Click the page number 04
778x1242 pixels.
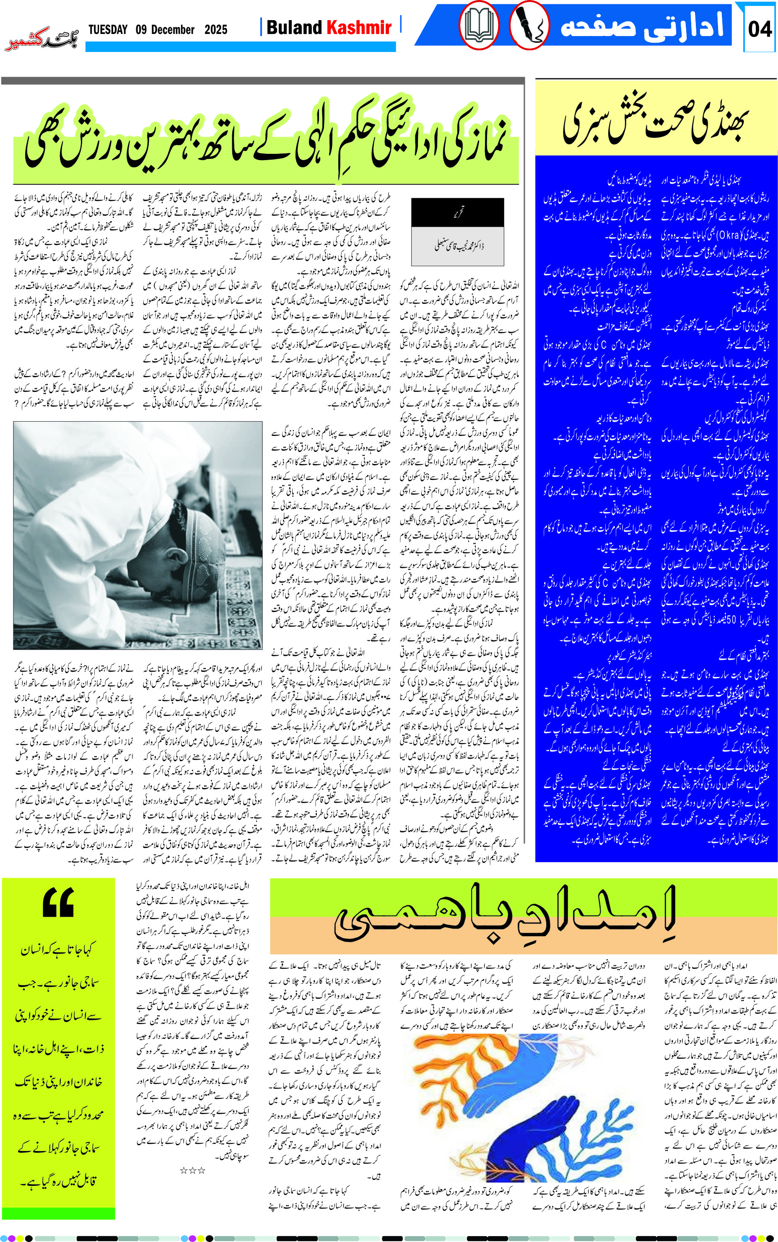click(x=760, y=29)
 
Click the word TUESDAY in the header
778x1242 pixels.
click(x=108, y=30)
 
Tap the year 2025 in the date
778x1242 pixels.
click(x=215, y=30)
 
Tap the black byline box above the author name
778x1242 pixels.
click(x=457, y=213)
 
